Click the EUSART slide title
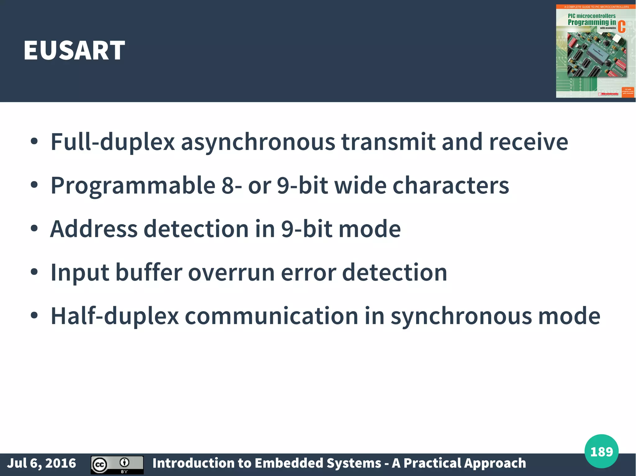(74, 50)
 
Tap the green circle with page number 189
(601, 452)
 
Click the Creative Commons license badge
(117, 465)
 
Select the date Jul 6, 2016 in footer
(42, 463)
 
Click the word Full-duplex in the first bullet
(113, 142)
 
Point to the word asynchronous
(258, 142)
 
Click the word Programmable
(133, 185)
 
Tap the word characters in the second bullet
(451, 185)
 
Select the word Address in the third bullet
(94, 229)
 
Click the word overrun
(231, 272)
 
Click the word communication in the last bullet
(272, 316)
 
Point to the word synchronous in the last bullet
(461, 316)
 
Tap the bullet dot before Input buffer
(34, 272)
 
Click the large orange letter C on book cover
(621, 27)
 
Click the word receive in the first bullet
(529, 142)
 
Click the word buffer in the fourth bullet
(149, 272)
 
